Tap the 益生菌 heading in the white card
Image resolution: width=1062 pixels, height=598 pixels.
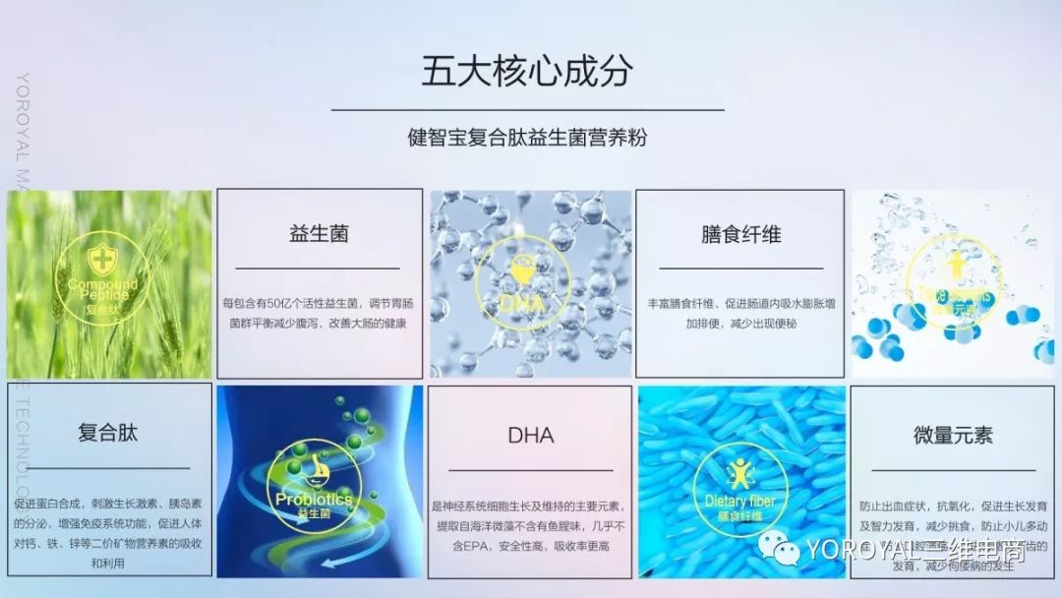[319, 234]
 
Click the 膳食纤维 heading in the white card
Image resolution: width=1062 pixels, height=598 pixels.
[740, 234]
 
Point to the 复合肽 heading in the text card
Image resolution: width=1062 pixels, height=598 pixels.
[107, 433]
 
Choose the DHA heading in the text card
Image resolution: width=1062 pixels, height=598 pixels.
[530, 435]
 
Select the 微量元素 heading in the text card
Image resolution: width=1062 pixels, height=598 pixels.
[953, 435]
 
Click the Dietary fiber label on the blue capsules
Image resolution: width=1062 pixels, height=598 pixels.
[740, 502]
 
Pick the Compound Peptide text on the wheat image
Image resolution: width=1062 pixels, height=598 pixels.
[102, 289]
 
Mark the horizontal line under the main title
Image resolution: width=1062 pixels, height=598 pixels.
[527, 110]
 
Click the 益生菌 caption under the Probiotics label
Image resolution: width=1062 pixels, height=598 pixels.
[314, 514]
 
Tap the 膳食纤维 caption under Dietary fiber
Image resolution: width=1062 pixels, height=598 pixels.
[740, 515]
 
